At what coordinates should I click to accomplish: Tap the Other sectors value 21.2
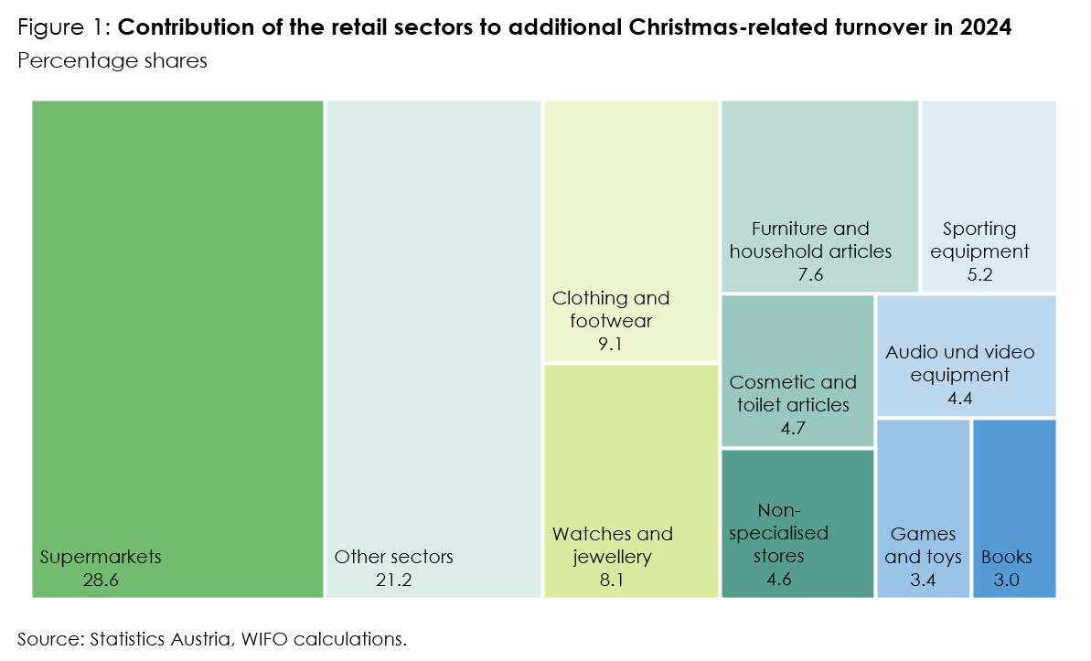pyautogui.click(x=392, y=580)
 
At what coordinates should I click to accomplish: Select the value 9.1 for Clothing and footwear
pyautogui.click(x=609, y=345)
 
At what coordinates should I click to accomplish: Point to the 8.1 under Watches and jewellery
pyautogui.click(x=611, y=580)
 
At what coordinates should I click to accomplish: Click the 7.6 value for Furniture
pyautogui.click(x=810, y=273)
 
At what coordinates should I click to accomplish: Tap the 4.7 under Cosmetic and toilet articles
pyautogui.click(x=793, y=427)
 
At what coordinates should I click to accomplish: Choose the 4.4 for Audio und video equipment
pyautogui.click(x=960, y=398)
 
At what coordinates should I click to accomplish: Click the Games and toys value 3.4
pyautogui.click(x=923, y=580)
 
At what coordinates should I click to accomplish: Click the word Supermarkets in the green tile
pyautogui.click(x=101, y=557)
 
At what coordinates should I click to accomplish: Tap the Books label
pyautogui.click(x=1007, y=557)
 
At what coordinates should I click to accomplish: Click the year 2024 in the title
pyautogui.click(x=986, y=27)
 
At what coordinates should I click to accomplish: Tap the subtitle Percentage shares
pyautogui.click(x=112, y=61)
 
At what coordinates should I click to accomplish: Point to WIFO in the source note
pyautogui.click(x=264, y=638)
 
